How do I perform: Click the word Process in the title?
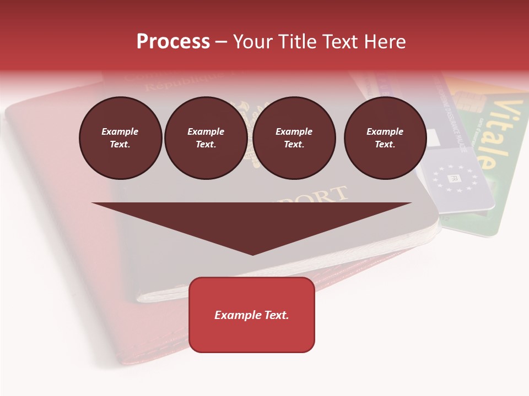pos(173,42)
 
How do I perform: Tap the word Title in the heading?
pos(296,42)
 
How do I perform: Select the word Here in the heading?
pos(385,42)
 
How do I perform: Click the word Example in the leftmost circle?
pos(120,131)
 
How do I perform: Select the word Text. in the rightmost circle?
pos(385,144)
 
